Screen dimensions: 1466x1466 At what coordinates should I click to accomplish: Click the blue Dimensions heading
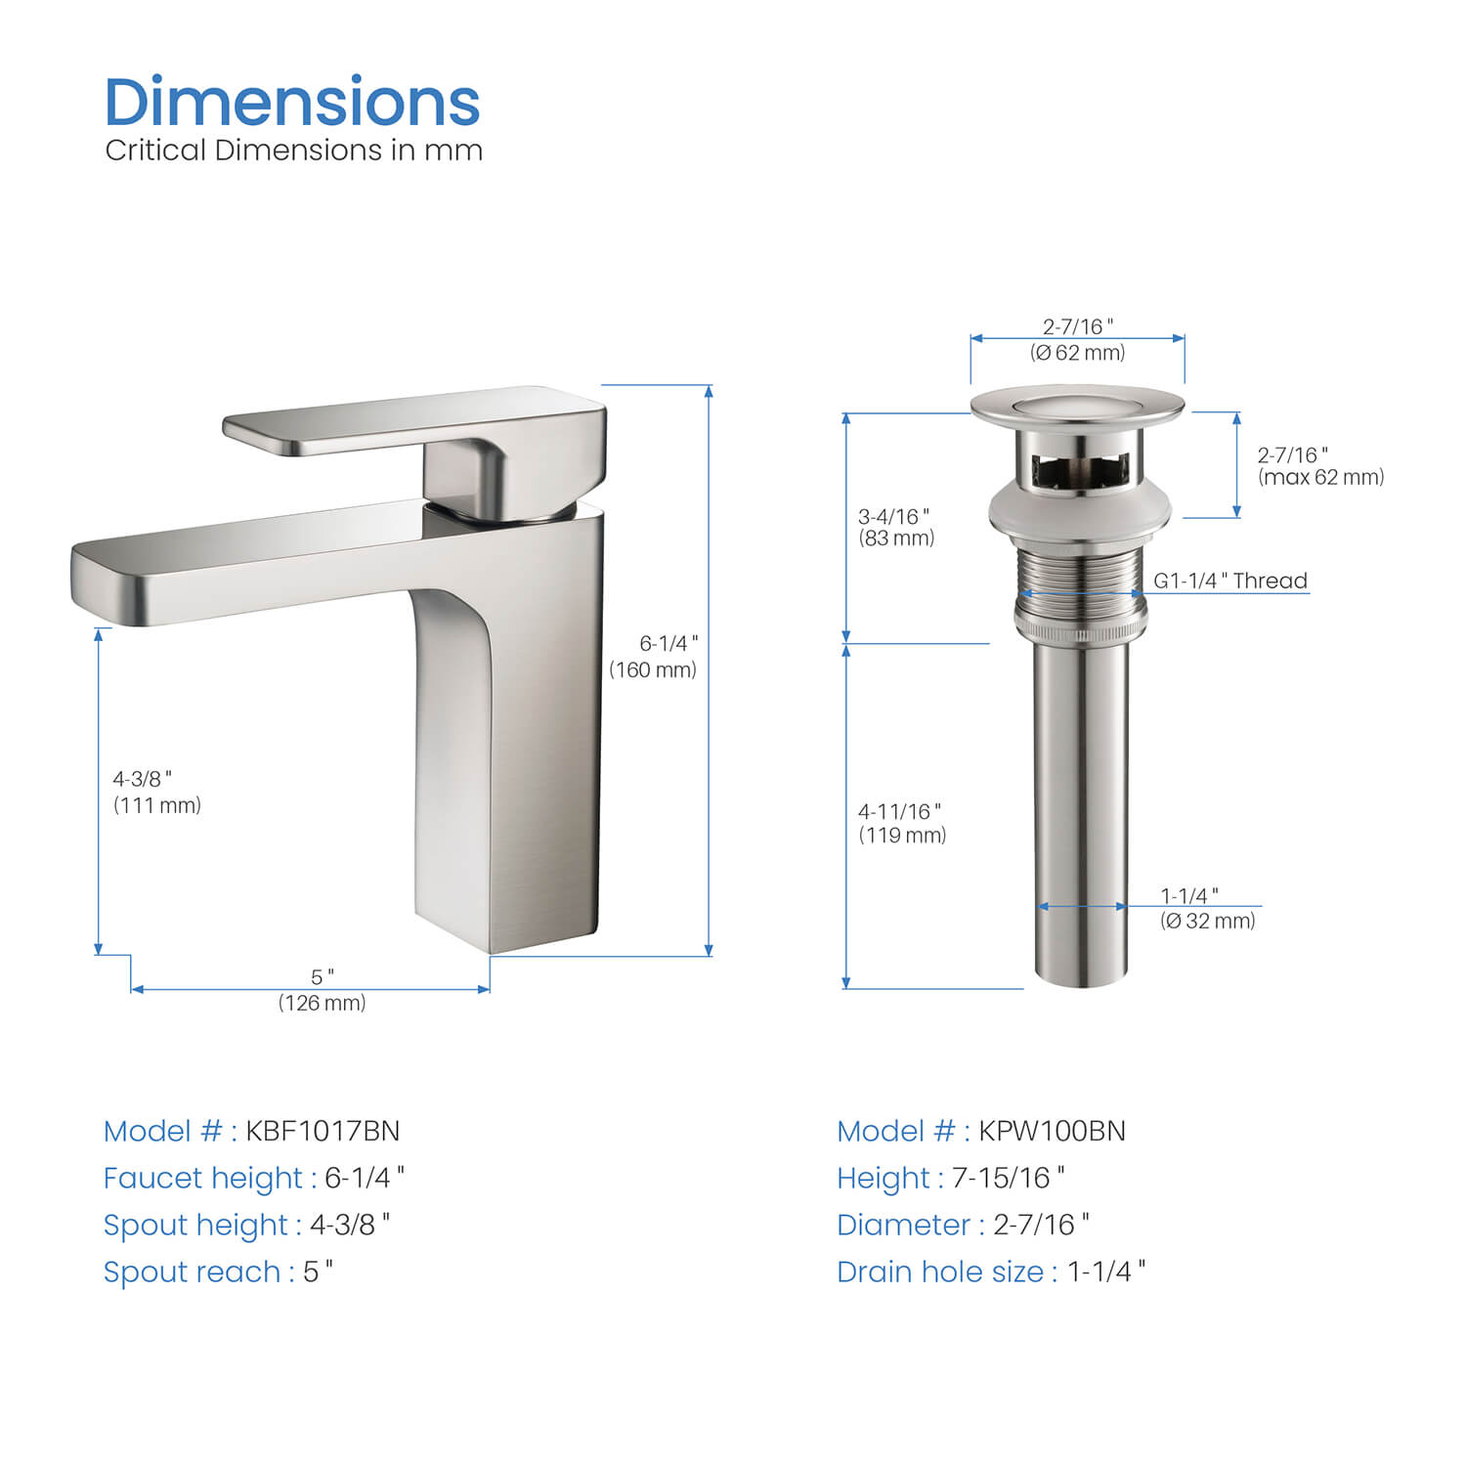pyautogui.click(x=292, y=102)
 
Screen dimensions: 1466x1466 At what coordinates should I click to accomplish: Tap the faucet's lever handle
pyautogui.click(x=415, y=421)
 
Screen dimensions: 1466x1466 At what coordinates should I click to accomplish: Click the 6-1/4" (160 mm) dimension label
pyautogui.click(x=654, y=656)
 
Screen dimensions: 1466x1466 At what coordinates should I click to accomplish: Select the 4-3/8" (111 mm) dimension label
pyautogui.click(x=156, y=792)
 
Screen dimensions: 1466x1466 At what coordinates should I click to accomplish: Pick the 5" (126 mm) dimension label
pyautogui.click(x=323, y=990)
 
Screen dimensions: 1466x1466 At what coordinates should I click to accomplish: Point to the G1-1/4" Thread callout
pyautogui.click(x=1230, y=581)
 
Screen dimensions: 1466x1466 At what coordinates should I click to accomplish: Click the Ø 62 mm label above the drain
pyautogui.click(x=1078, y=353)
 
